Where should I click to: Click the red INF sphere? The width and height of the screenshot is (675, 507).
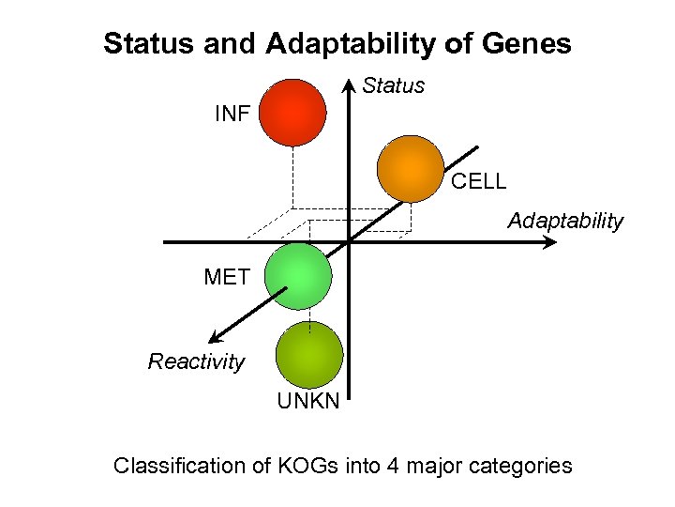click(292, 112)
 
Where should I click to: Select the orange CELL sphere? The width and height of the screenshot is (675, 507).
click(410, 168)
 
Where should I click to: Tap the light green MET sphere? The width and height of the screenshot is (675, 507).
click(298, 276)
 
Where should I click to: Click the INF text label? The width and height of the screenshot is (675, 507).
click(232, 115)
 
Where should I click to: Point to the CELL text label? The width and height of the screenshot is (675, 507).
click(478, 182)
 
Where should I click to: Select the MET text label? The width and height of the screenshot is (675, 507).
click(227, 277)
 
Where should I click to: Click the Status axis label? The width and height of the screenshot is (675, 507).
click(394, 86)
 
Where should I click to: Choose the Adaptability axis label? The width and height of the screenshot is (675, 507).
click(565, 222)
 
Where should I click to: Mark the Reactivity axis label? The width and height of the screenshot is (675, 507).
click(196, 362)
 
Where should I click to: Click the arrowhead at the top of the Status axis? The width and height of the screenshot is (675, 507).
click(349, 84)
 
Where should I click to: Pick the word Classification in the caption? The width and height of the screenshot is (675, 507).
click(173, 465)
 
